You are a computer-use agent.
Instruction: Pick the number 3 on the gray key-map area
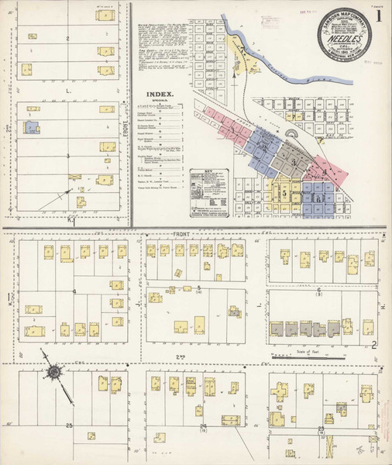click(294, 161)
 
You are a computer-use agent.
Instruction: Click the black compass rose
click(56, 373)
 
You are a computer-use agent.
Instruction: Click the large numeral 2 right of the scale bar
click(373, 346)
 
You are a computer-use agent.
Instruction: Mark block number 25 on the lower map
click(69, 426)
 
